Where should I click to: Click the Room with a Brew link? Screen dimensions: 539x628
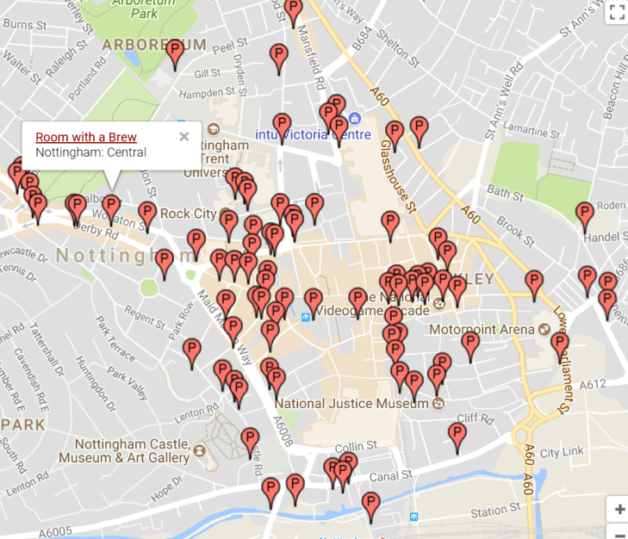point(86,137)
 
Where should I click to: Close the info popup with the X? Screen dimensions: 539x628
point(183,136)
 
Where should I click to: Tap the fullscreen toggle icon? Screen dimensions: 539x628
point(616,11)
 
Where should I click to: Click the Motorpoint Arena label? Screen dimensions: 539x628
point(482,329)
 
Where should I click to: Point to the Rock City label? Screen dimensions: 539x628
point(188,214)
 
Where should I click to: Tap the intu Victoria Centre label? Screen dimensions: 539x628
point(313,134)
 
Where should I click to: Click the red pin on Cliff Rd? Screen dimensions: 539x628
point(457,435)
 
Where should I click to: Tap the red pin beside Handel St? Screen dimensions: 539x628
point(585,214)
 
